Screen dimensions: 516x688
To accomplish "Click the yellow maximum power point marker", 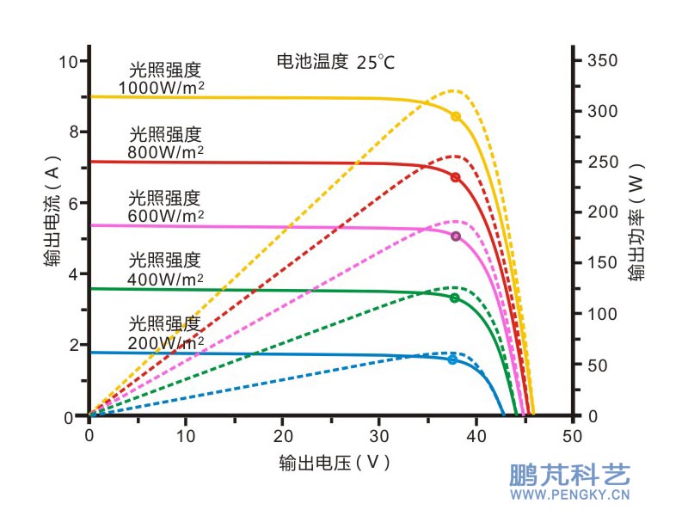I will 456,116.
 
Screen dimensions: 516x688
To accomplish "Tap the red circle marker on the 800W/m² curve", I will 455,177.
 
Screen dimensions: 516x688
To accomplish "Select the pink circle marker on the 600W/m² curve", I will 456,236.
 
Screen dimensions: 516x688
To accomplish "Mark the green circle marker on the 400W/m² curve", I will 454,298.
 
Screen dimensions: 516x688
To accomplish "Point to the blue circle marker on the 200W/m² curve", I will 452,359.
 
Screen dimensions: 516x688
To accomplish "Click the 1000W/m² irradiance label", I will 162,79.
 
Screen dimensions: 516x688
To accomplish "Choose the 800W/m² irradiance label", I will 165,143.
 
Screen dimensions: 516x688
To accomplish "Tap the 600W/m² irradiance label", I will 165,206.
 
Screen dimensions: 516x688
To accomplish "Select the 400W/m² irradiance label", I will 165,269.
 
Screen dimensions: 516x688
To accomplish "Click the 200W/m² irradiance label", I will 165,333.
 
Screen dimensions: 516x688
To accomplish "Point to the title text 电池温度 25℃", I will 335,62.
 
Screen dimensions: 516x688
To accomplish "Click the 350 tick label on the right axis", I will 602,61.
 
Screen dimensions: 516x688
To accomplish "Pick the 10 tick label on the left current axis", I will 69,61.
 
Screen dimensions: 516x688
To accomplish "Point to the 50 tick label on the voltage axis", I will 573,436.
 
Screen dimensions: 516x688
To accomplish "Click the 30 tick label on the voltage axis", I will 379,436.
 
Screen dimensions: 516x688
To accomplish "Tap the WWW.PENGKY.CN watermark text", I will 570,494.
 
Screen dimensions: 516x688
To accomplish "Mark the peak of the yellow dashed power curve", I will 454,89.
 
